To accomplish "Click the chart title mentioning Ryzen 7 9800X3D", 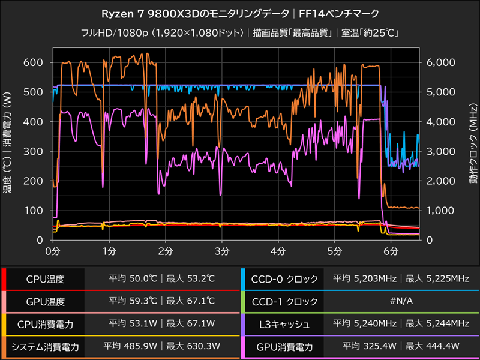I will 240,12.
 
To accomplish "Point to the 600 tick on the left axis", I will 34,62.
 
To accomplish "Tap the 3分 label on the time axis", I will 222,251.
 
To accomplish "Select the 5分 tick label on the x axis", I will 335,251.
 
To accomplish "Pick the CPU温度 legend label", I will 46,279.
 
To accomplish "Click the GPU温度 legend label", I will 46,302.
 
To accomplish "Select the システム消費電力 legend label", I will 46,347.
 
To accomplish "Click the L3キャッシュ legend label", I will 286,325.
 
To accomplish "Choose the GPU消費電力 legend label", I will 286,347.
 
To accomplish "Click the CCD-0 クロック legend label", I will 286,279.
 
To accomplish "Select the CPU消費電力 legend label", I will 46,325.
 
